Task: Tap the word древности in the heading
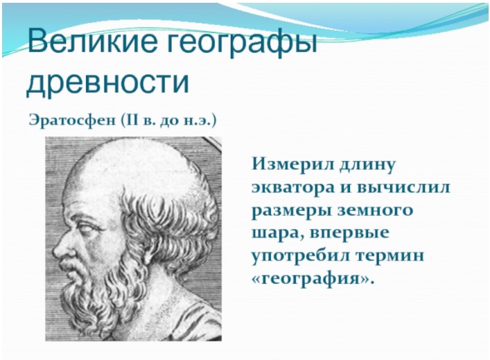tap(108, 82)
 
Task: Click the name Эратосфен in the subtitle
tap(72, 121)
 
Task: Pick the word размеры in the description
tap(292, 211)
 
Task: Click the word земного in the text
tap(376, 210)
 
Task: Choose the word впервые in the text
tap(350, 234)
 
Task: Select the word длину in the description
tap(368, 165)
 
